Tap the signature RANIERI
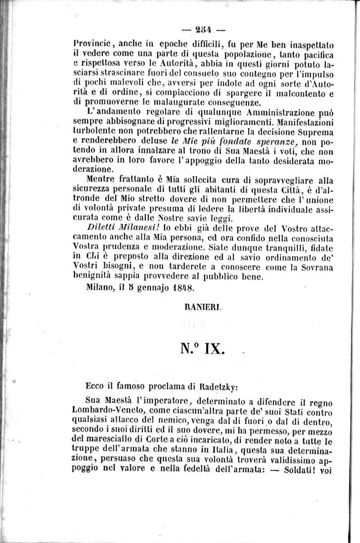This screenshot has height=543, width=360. click(198, 307)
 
